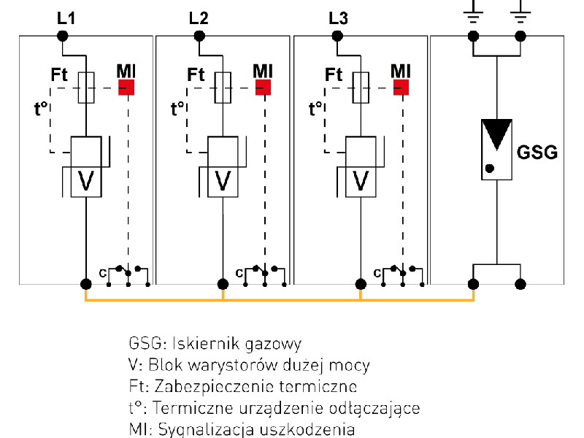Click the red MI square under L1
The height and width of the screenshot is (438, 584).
[x=127, y=88]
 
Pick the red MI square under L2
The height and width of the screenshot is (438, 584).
[x=263, y=88]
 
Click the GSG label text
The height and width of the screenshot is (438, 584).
[x=537, y=153]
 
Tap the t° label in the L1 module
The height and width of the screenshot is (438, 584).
[x=41, y=109]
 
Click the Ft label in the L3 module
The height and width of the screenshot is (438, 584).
[x=334, y=74]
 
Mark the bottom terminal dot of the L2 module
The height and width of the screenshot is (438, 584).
[x=223, y=283]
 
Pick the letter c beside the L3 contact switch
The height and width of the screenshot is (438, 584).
[x=377, y=273]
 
